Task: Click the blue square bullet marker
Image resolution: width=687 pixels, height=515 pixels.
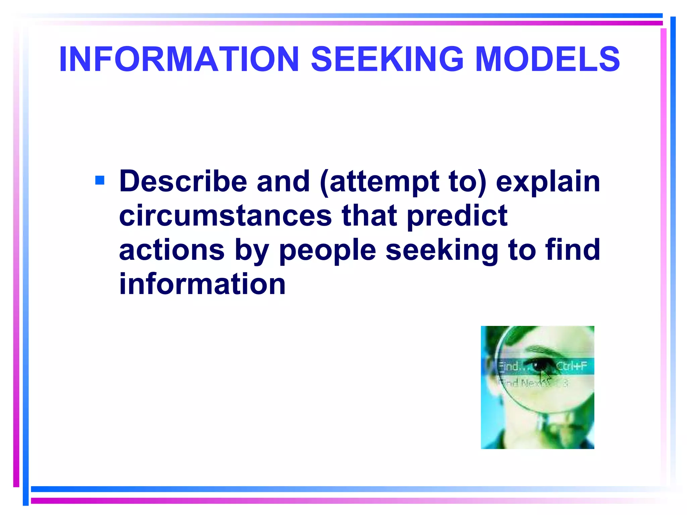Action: coord(100,180)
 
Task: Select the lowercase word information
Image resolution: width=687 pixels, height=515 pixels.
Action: coord(202,284)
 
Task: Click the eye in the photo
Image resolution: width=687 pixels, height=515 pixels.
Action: coord(539,366)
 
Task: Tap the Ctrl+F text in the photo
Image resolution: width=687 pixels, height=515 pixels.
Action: coord(572,366)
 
